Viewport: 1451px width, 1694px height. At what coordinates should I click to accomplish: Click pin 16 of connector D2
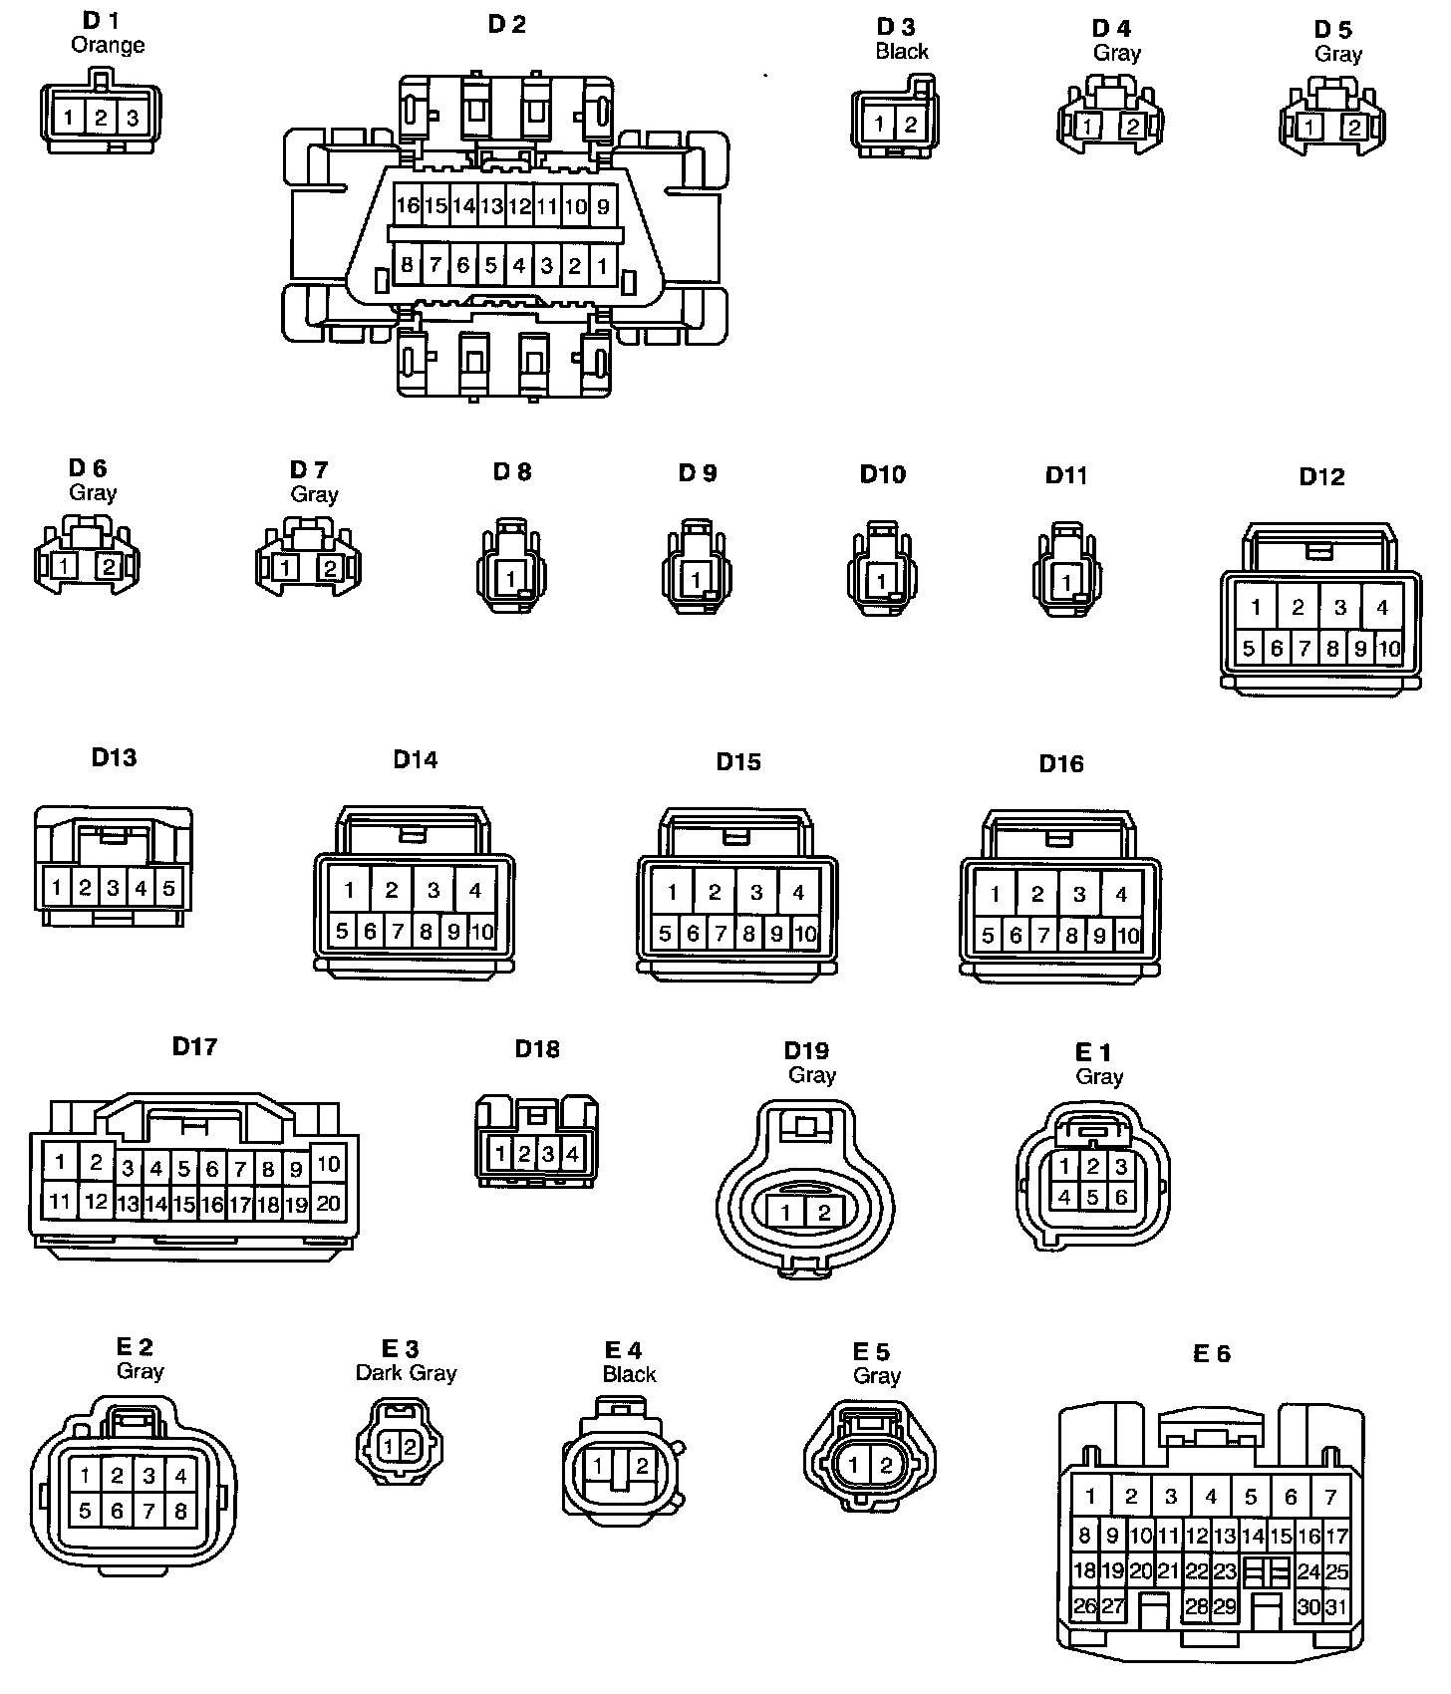pos(407,207)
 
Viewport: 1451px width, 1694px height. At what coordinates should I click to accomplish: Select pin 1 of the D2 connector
pos(603,266)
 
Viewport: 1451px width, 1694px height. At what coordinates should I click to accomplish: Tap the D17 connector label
pos(194,1046)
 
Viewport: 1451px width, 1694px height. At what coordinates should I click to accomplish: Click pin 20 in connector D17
pos(329,1203)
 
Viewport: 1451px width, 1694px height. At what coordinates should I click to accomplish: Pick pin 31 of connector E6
pos(1336,1606)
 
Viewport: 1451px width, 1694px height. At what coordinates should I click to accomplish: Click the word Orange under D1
pos(108,45)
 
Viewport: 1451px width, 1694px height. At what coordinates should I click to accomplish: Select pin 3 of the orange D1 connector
pos(132,119)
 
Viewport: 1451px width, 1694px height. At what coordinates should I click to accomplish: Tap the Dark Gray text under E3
pos(406,1373)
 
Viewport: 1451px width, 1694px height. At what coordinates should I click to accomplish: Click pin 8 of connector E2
pos(180,1511)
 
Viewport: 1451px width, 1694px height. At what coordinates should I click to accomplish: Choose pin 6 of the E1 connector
pos(1121,1197)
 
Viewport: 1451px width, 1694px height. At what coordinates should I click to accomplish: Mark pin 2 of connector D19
pos(824,1213)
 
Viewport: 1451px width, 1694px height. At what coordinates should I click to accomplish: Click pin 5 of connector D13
pos(168,887)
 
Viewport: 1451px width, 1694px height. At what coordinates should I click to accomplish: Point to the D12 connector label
pos(1321,477)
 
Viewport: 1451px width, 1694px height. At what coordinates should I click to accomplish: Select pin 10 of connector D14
pos(482,932)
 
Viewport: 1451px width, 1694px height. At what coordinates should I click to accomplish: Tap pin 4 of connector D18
pos(572,1154)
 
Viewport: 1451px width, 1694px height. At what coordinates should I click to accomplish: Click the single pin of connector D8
pos(511,578)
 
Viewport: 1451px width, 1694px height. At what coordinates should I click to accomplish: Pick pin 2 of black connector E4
pos(643,1466)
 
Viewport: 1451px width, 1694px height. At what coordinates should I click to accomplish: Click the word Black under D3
pos(902,52)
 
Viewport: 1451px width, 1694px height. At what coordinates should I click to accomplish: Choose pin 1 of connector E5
pos(854,1465)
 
